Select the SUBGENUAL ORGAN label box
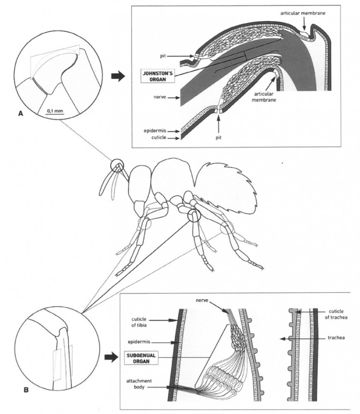[x=142, y=358]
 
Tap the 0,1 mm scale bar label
[x=55, y=111]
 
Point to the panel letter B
[x=26, y=390]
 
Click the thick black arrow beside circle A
[x=118, y=76]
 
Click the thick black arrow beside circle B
[x=111, y=357]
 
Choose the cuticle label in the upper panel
[x=159, y=137]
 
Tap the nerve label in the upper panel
[x=160, y=97]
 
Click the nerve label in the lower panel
[x=202, y=300]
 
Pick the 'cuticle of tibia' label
[x=139, y=322]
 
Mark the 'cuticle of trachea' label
[x=336, y=314]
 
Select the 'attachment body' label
[x=139, y=384]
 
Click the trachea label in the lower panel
[x=336, y=338]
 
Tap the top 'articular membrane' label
[x=303, y=13]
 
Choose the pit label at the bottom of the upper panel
[x=218, y=137]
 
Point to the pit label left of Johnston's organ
[x=163, y=56]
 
